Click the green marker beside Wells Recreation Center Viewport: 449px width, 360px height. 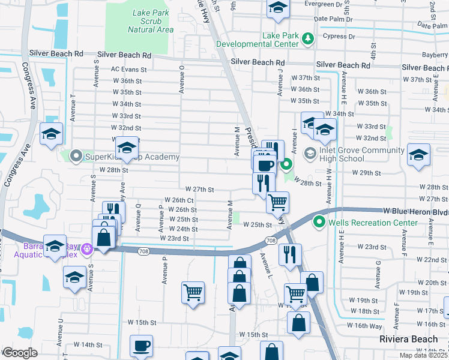point(319,223)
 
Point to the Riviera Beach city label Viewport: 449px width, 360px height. point(408,339)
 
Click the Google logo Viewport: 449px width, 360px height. point(20,353)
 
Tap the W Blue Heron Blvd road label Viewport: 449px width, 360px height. point(416,211)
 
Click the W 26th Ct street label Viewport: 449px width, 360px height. point(178,200)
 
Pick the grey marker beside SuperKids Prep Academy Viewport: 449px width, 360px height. point(76,157)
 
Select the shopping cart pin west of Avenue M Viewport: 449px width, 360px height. point(193,292)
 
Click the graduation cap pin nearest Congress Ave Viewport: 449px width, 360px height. point(52,133)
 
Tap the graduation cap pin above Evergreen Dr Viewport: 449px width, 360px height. point(278,7)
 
